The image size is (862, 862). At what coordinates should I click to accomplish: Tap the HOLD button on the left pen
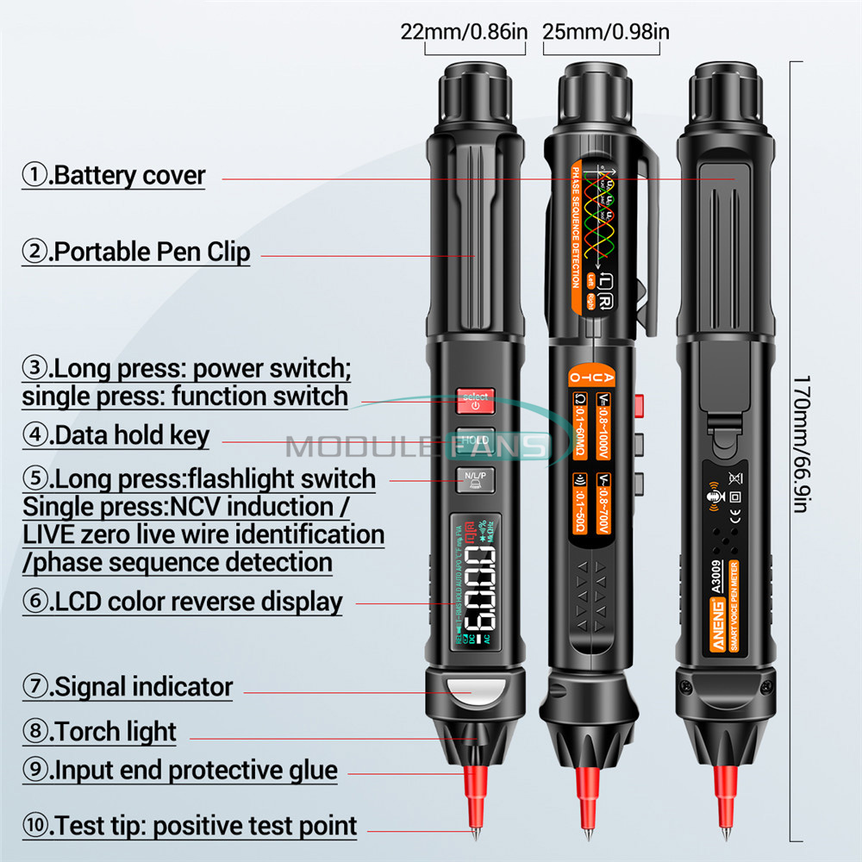474,439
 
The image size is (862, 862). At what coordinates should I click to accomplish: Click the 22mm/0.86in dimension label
464,32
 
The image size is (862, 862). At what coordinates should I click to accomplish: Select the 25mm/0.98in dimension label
606,32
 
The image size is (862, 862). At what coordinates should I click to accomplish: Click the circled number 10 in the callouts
35,825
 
